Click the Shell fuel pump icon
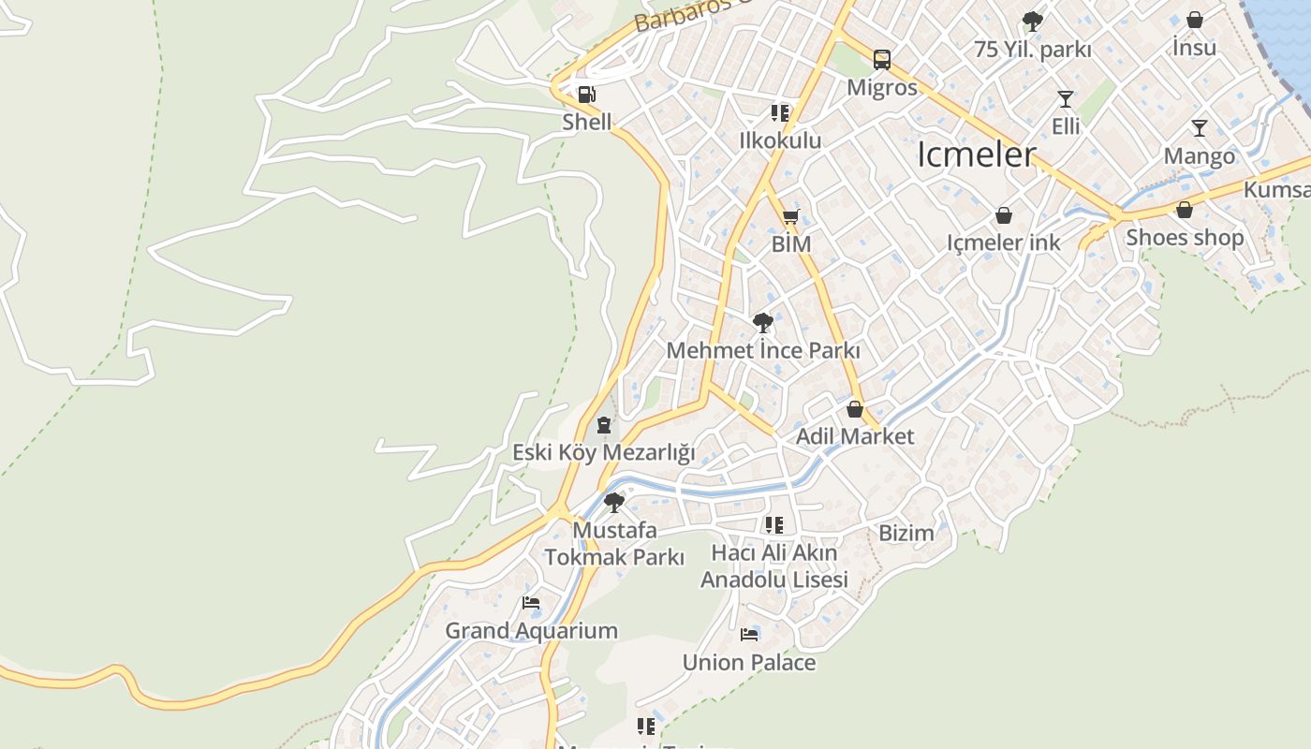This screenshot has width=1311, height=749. [x=586, y=94]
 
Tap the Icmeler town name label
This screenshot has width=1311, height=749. [x=976, y=154]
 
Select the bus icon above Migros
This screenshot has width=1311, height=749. [x=882, y=60]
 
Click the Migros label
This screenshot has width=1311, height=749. [x=882, y=88]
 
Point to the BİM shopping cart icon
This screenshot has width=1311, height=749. [x=790, y=217]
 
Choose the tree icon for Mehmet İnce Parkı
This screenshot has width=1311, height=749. [x=762, y=323]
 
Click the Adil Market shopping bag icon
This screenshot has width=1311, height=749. [x=854, y=409]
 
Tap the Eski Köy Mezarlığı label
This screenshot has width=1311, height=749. [x=603, y=453]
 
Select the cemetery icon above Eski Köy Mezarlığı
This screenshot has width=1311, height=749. [x=604, y=425]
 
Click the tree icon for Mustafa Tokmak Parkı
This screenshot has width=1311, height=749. [x=614, y=503]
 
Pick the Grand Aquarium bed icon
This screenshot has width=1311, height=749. [x=531, y=603]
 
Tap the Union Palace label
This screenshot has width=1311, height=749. [x=748, y=663]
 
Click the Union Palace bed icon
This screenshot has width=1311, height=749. [x=748, y=635]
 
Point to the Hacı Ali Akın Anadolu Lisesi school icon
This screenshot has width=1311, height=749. [x=773, y=524]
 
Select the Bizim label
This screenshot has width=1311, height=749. [x=906, y=534]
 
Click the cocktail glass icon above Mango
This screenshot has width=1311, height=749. [x=1200, y=128]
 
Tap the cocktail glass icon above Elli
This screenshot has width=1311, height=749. [x=1065, y=98]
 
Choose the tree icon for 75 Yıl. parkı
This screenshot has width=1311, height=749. [x=1032, y=21]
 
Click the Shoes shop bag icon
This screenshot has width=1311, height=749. [x=1185, y=210]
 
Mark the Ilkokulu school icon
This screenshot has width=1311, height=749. [x=780, y=113]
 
